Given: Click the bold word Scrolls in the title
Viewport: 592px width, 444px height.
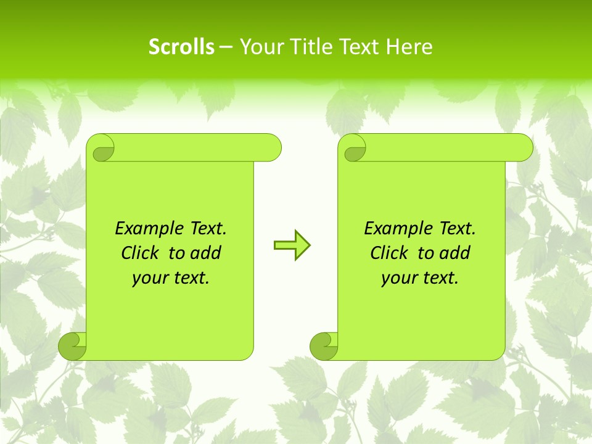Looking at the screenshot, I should (x=181, y=47).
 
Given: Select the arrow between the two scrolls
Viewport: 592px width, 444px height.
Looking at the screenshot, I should (x=292, y=245).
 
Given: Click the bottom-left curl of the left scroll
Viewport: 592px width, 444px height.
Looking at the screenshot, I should (x=72, y=346).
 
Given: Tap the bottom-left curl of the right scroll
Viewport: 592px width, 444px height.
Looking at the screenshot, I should (x=323, y=346).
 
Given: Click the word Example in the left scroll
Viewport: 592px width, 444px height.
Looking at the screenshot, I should (x=146, y=229).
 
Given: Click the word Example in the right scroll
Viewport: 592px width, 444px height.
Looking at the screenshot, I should (x=395, y=229).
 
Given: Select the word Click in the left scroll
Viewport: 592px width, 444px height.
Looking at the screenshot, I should (x=141, y=253).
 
